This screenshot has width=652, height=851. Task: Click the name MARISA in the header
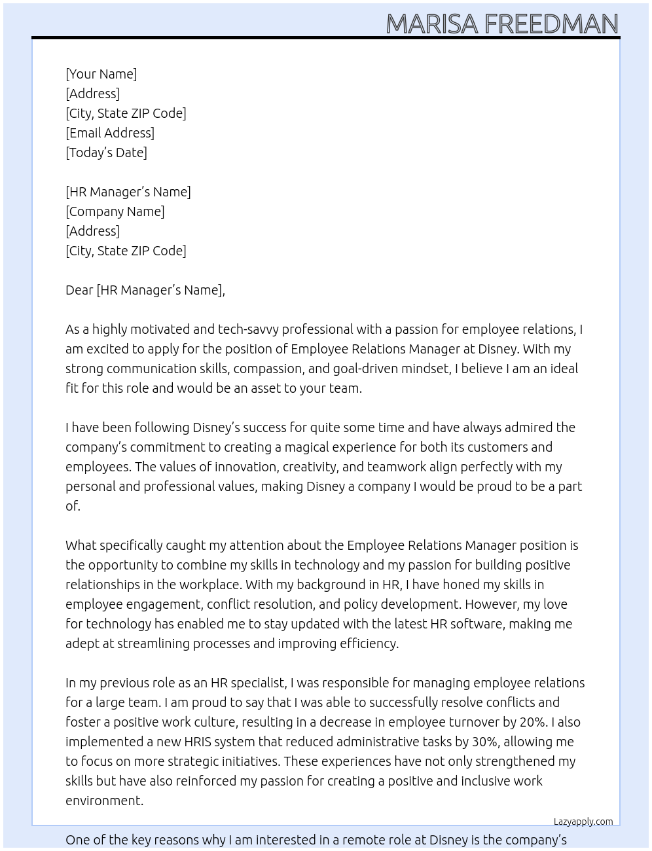tap(432, 24)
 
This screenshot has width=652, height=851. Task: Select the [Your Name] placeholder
tap(101, 74)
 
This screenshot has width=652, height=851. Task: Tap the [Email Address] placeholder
tap(110, 133)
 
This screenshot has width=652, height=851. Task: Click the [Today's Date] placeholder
tap(106, 153)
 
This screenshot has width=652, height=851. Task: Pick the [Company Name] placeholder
tap(115, 211)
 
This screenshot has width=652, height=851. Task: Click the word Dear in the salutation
tap(79, 290)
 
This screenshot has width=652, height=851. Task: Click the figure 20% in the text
tap(533, 722)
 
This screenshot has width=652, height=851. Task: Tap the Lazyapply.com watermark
tap(583, 822)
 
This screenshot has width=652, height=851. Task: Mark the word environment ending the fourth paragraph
tap(103, 801)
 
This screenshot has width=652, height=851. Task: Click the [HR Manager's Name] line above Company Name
tap(128, 192)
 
